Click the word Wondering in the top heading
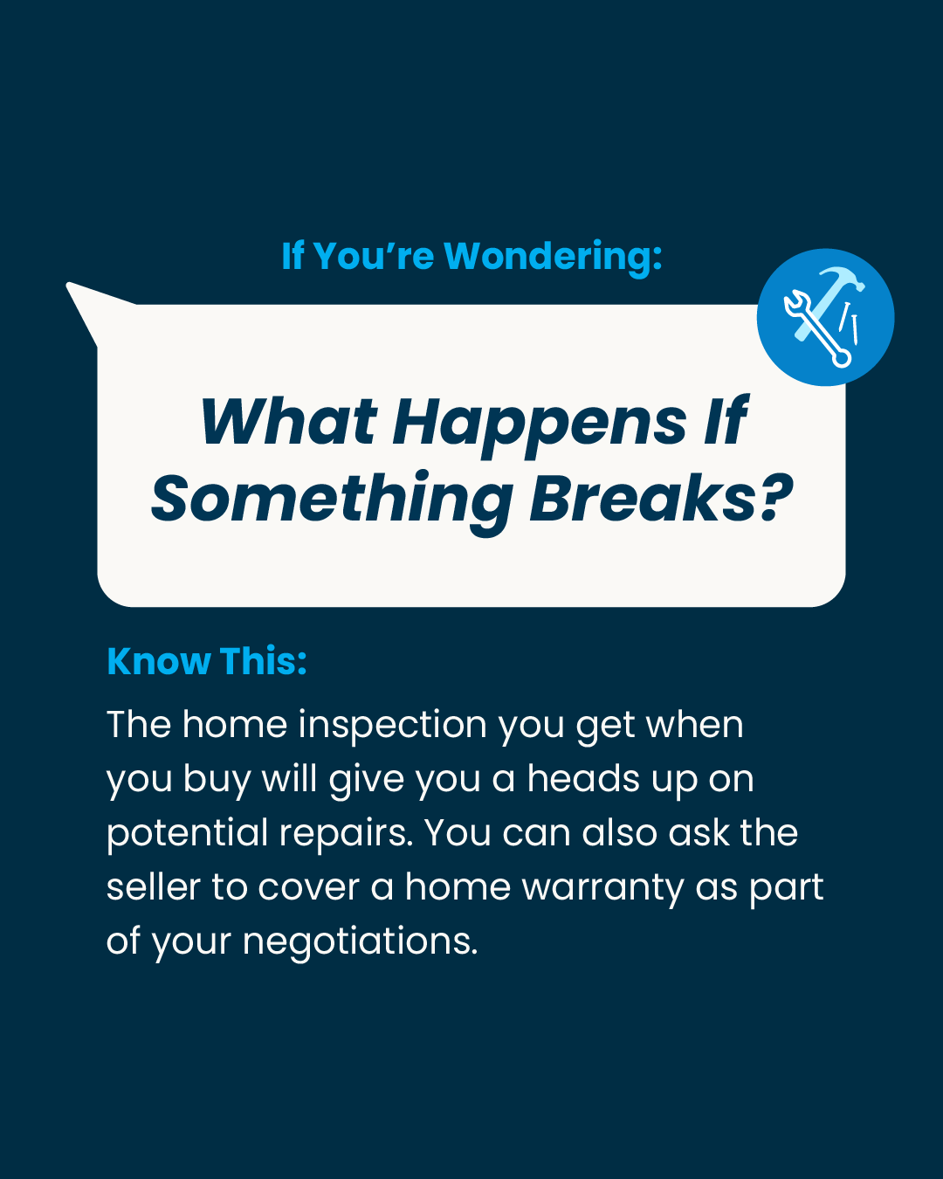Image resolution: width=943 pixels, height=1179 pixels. coord(554,257)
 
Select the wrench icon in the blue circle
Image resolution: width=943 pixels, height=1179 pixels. coord(817,328)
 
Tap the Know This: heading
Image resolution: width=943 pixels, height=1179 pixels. coord(207,661)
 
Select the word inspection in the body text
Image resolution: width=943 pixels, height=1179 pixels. coord(392,727)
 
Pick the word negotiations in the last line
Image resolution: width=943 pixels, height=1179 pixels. coord(360,942)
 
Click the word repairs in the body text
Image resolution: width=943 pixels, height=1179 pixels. coord(346,834)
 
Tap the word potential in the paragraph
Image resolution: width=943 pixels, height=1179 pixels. coord(187,834)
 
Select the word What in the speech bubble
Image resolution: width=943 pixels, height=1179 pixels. coord(288,421)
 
